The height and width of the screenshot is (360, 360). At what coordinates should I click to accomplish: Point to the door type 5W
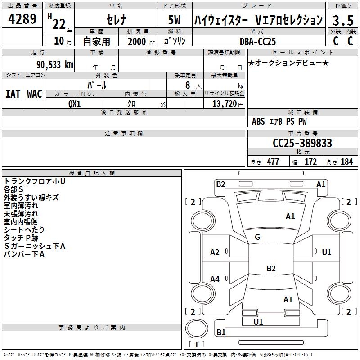click(x=175, y=21)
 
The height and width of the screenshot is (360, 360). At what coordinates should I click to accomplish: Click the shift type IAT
click(x=13, y=94)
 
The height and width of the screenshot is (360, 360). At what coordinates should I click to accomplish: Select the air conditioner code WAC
click(x=35, y=94)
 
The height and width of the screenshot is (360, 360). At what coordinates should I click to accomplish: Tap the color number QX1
click(x=75, y=103)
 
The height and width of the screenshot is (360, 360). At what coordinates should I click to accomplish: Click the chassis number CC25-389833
click(x=302, y=143)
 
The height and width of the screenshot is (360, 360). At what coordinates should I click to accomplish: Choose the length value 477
click(x=273, y=162)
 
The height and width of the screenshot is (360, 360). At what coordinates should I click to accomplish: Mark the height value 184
click(x=346, y=162)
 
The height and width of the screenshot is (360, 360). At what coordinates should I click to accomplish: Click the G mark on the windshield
click(x=257, y=237)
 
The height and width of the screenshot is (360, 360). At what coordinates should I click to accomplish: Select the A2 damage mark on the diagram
click(x=215, y=252)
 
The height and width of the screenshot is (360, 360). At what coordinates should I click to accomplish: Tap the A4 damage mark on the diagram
click(x=215, y=279)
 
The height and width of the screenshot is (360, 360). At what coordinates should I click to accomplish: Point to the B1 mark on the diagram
click(x=221, y=333)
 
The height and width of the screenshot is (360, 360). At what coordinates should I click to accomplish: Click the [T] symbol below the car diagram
click(x=196, y=345)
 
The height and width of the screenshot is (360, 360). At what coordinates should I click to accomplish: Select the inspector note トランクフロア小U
click(x=35, y=181)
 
